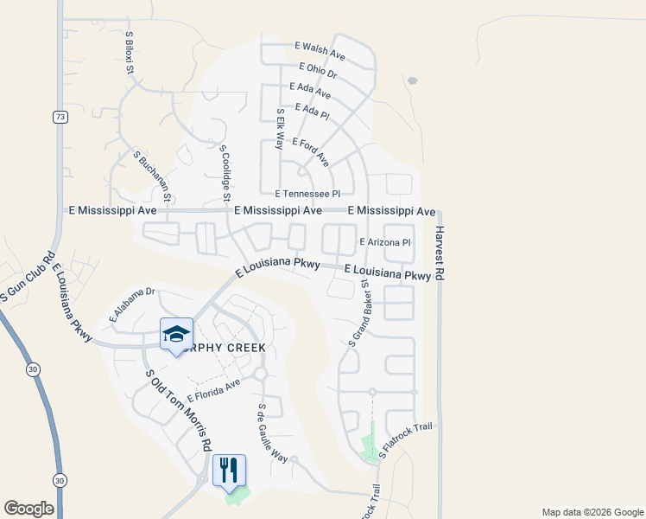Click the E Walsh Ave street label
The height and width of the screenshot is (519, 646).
pos(320,51)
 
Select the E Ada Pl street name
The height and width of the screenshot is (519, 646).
pos(313,111)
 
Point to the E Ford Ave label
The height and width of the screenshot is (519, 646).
pos(311,151)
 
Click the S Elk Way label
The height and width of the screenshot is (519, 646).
pos(280,129)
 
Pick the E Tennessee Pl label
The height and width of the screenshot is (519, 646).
pos(308,195)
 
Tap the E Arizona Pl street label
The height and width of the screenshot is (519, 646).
pos(384,243)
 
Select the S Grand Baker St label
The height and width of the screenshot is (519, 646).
pos(359,312)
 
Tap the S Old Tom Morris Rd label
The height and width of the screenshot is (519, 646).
pos(179,410)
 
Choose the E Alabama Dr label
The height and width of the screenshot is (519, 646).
pos(130,305)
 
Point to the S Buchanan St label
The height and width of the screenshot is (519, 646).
pos(153,175)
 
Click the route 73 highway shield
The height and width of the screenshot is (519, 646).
pos(59,117)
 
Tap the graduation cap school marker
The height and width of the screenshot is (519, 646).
pos(176,334)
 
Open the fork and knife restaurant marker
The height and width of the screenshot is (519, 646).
pos(229,470)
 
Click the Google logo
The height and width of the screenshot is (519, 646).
pos(28,509)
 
